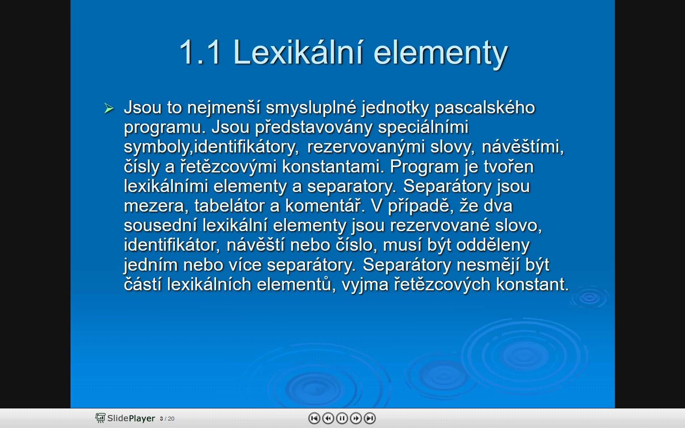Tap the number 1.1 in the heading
[200, 52]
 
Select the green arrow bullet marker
[109, 108]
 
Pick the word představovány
[314, 127]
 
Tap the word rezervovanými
[366, 147]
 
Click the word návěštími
[523, 147]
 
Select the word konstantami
[333, 167]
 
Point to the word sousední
[160, 225]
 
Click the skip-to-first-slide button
[314, 418]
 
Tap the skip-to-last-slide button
[370, 418]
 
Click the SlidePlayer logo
[125, 418]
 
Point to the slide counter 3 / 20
[167, 419]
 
